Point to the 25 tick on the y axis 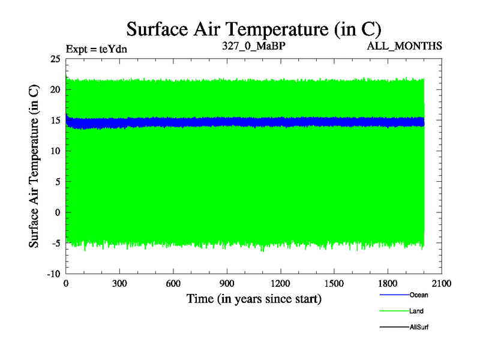(x=55, y=59)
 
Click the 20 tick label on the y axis (x=55, y=89)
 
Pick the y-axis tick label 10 (x=55, y=151)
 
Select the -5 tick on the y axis (x=55, y=243)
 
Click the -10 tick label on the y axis (x=53, y=274)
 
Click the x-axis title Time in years (x=254, y=298)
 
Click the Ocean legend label (x=419, y=295)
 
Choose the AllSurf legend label (x=419, y=327)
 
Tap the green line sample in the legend (x=394, y=311)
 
